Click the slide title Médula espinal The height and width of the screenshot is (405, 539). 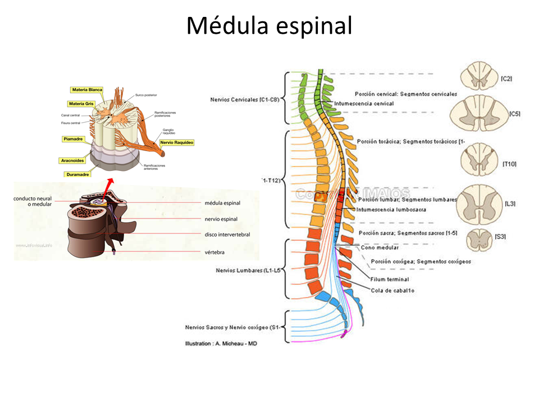(x=269, y=26)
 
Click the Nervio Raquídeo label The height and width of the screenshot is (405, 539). (x=177, y=143)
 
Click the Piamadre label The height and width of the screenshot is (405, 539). (x=75, y=138)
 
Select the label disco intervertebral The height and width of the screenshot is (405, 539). (x=227, y=234)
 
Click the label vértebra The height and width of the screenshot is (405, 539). (x=214, y=253)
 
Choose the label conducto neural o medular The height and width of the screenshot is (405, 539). (x=33, y=201)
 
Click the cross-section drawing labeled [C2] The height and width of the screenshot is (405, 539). (x=476, y=78)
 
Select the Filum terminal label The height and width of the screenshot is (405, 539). (x=389, y=280)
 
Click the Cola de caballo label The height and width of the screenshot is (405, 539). (x=392, y=290)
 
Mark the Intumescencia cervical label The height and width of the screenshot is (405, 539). (x=364, y=103)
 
